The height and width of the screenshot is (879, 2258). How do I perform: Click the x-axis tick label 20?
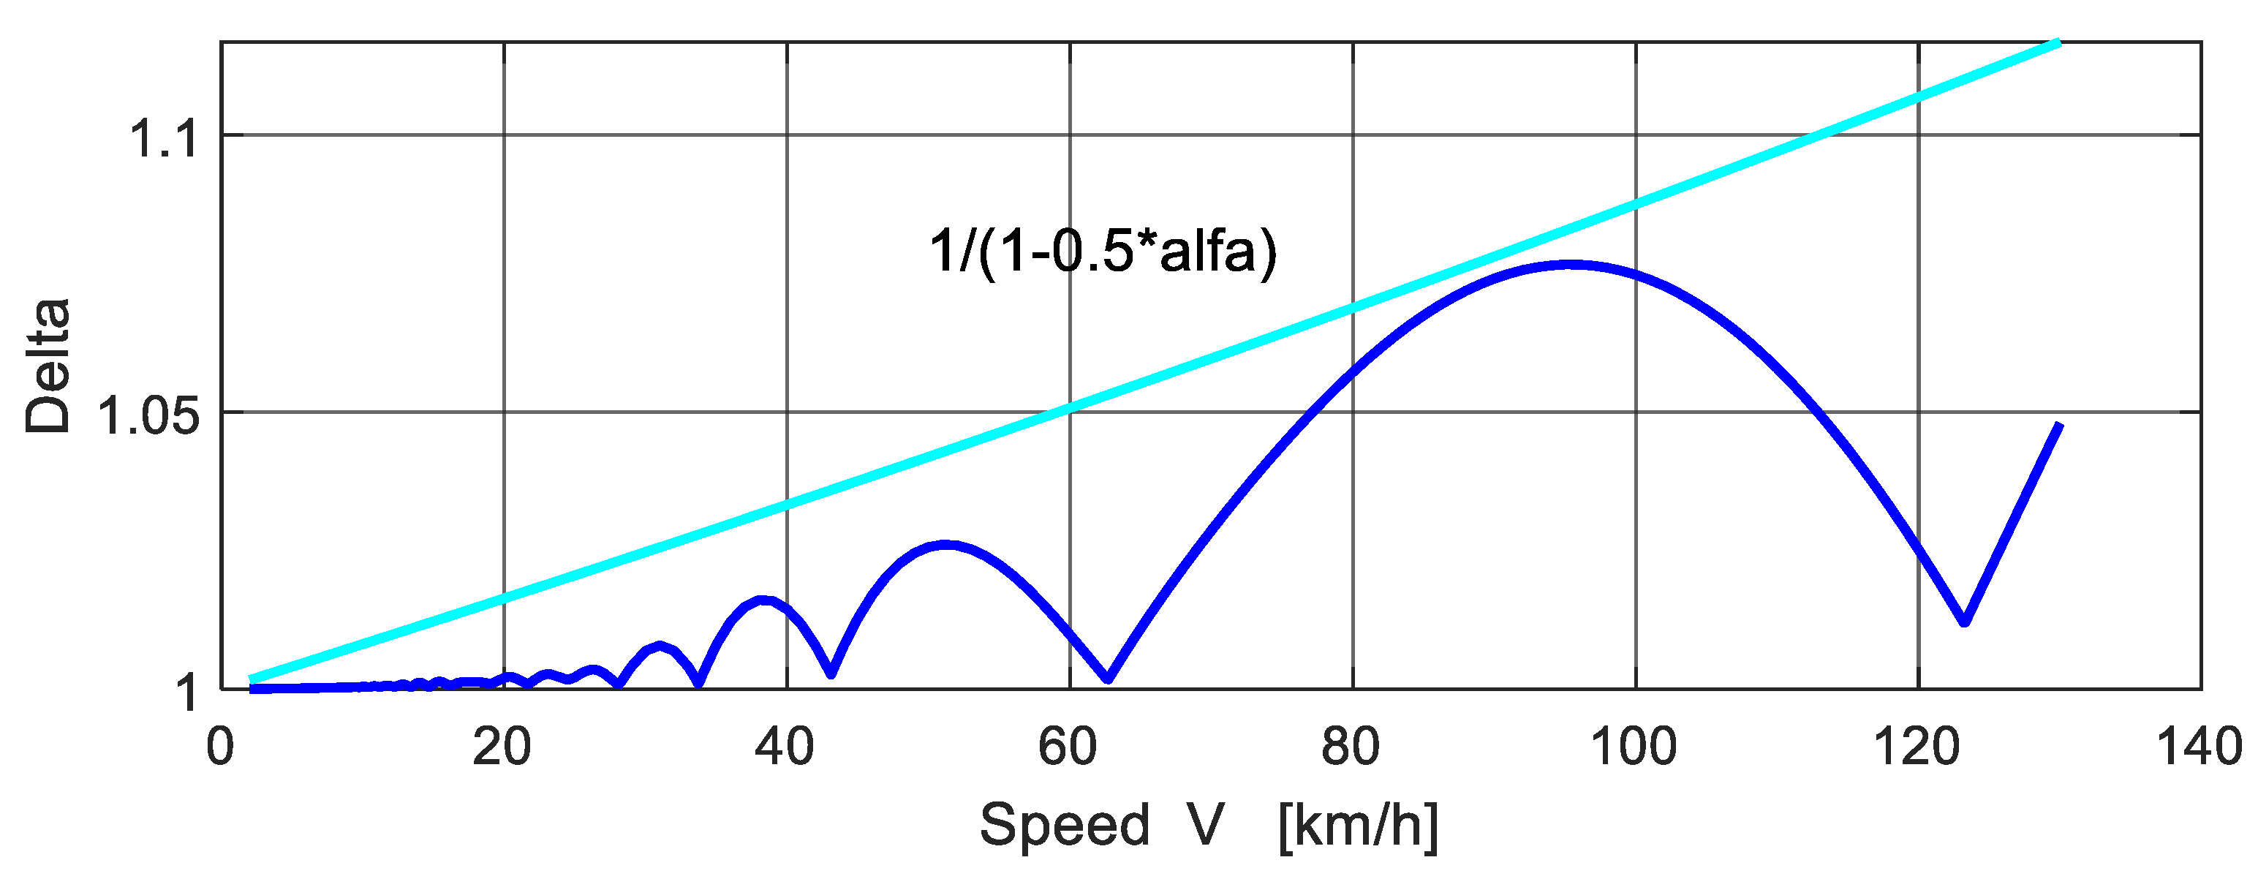point(502,748)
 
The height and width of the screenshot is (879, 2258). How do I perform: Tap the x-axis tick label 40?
point(785,748)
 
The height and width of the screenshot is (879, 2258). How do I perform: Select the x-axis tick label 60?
point(1068,748)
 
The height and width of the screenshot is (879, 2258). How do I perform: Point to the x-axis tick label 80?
point(1351,748)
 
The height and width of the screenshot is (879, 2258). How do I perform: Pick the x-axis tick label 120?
point(1917,748)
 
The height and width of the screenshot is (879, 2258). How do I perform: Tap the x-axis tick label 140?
point(2200,748)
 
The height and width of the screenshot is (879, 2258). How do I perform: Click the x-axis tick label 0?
point(220,748)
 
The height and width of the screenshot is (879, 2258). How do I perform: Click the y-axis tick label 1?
point(186,693)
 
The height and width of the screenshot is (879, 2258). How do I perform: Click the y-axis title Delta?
point(48,366)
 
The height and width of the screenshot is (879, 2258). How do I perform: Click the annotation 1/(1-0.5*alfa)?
point(1103,252)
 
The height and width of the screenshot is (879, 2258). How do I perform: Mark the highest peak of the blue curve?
point(1571,264)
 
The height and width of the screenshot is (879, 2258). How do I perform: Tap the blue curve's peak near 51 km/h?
point(945,544)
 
